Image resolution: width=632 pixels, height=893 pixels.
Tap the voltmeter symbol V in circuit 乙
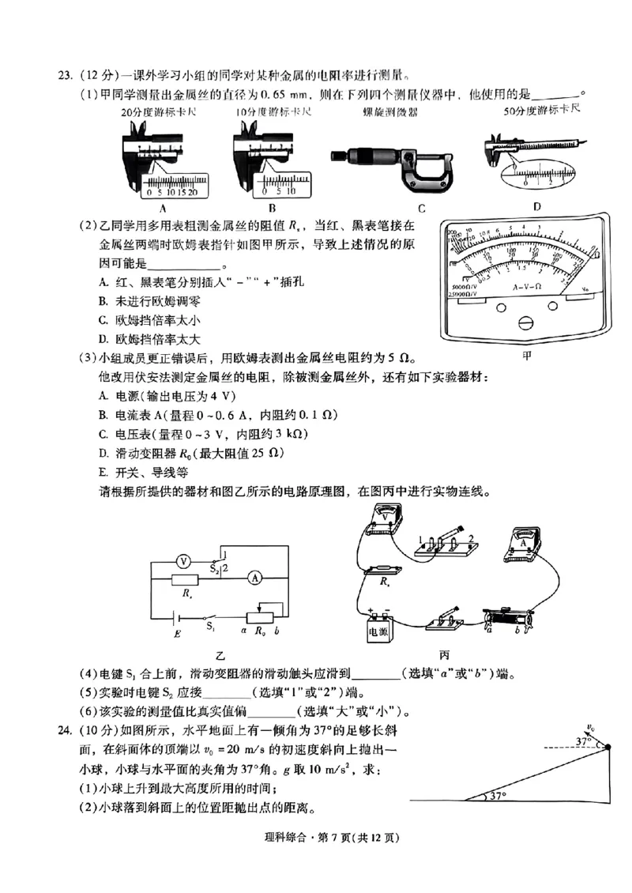(x=183, y=560)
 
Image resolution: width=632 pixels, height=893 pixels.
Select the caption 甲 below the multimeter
(x=527, y=355)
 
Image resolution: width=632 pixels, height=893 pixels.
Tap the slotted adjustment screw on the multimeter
(x=525, y=322)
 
